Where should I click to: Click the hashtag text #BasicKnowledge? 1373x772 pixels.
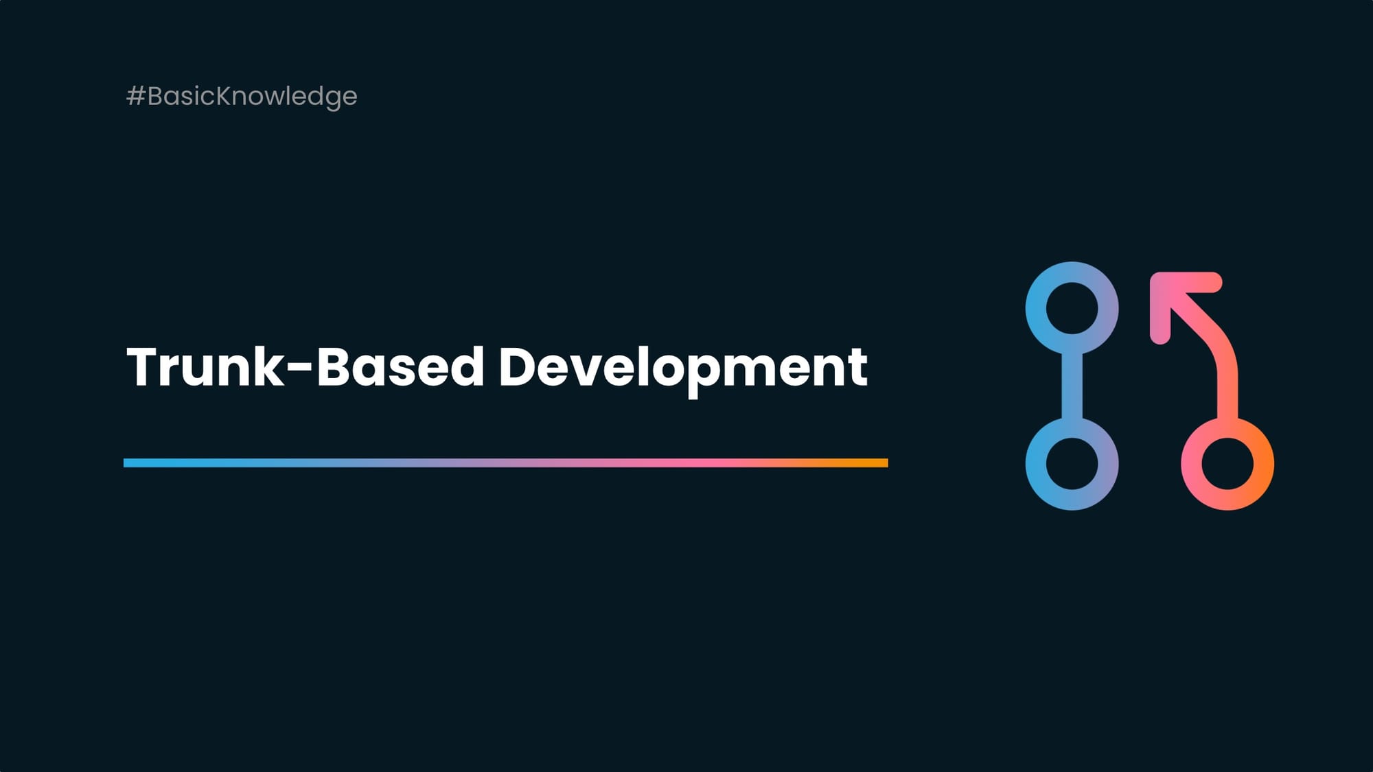(242, 96)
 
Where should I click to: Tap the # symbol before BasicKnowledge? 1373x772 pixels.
(135, 96)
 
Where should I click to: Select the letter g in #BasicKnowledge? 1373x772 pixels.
(327, 99)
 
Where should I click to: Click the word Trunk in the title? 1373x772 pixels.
(205, 367)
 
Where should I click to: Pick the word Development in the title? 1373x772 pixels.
(682, 367)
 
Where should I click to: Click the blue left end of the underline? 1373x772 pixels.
(130, 463)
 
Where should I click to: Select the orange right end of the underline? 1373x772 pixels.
(881, 463)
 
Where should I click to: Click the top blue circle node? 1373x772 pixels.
(1072, 308)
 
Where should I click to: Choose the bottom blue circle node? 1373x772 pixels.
(1072, 464)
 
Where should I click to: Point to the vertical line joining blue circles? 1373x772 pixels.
(1072, 386)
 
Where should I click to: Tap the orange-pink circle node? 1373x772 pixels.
(1227, 464)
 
